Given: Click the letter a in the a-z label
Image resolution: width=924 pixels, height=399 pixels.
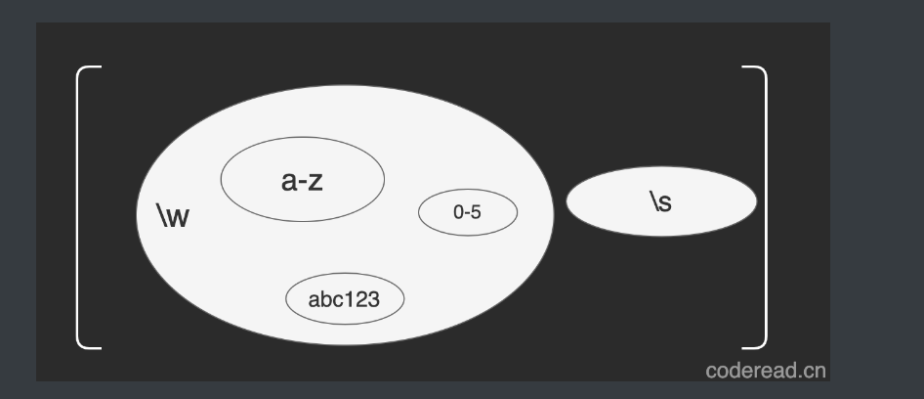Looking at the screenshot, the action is point(289,181).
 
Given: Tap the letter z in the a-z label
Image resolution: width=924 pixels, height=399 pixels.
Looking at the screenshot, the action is point(315,181).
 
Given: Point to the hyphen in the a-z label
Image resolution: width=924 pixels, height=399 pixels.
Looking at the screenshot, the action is point(303,183).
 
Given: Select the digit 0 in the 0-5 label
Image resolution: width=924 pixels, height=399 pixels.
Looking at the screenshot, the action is point(458,212).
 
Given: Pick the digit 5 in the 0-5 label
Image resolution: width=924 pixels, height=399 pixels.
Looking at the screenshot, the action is point(476,212).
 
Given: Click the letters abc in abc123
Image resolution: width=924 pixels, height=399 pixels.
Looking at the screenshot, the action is point(324,299).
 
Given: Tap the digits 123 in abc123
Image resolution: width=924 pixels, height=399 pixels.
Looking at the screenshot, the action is point(361,299).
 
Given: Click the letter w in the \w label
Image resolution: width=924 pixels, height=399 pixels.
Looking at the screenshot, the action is point(178,217).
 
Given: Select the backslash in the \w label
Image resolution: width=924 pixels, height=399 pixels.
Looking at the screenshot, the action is point(161,215).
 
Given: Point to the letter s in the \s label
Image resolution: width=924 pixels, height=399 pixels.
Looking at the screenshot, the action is point(665,202).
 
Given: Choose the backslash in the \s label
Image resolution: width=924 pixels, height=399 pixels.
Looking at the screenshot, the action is point(653,201).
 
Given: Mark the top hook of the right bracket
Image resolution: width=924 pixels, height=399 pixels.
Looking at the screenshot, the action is point(754,68).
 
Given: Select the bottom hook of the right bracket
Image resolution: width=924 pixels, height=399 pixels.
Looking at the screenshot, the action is point(754,345).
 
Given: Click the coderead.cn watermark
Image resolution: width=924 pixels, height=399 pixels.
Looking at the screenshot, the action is point(765,371).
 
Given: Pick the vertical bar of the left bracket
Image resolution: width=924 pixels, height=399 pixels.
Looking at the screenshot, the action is point(78,205).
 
